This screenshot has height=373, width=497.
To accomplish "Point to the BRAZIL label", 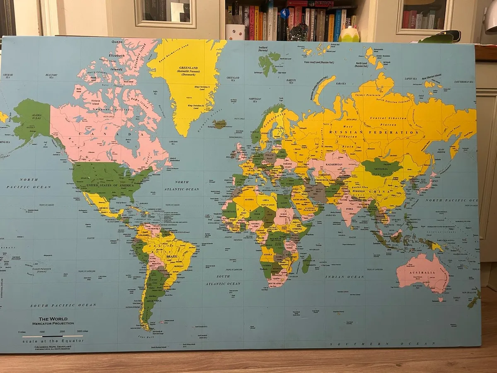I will click(x=171, y=257).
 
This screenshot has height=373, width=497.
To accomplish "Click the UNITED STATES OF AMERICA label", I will click(x=109, y=185).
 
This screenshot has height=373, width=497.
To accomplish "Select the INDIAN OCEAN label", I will click(x=344, y=277).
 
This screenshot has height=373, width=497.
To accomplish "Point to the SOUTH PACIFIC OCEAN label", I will click(x=63, y=305).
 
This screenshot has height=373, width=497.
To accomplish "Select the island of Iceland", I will click(x=220, y=124).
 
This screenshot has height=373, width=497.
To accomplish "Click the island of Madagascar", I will click(x=306, y=264).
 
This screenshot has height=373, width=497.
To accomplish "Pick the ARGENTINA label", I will click(x=151, y=301).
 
